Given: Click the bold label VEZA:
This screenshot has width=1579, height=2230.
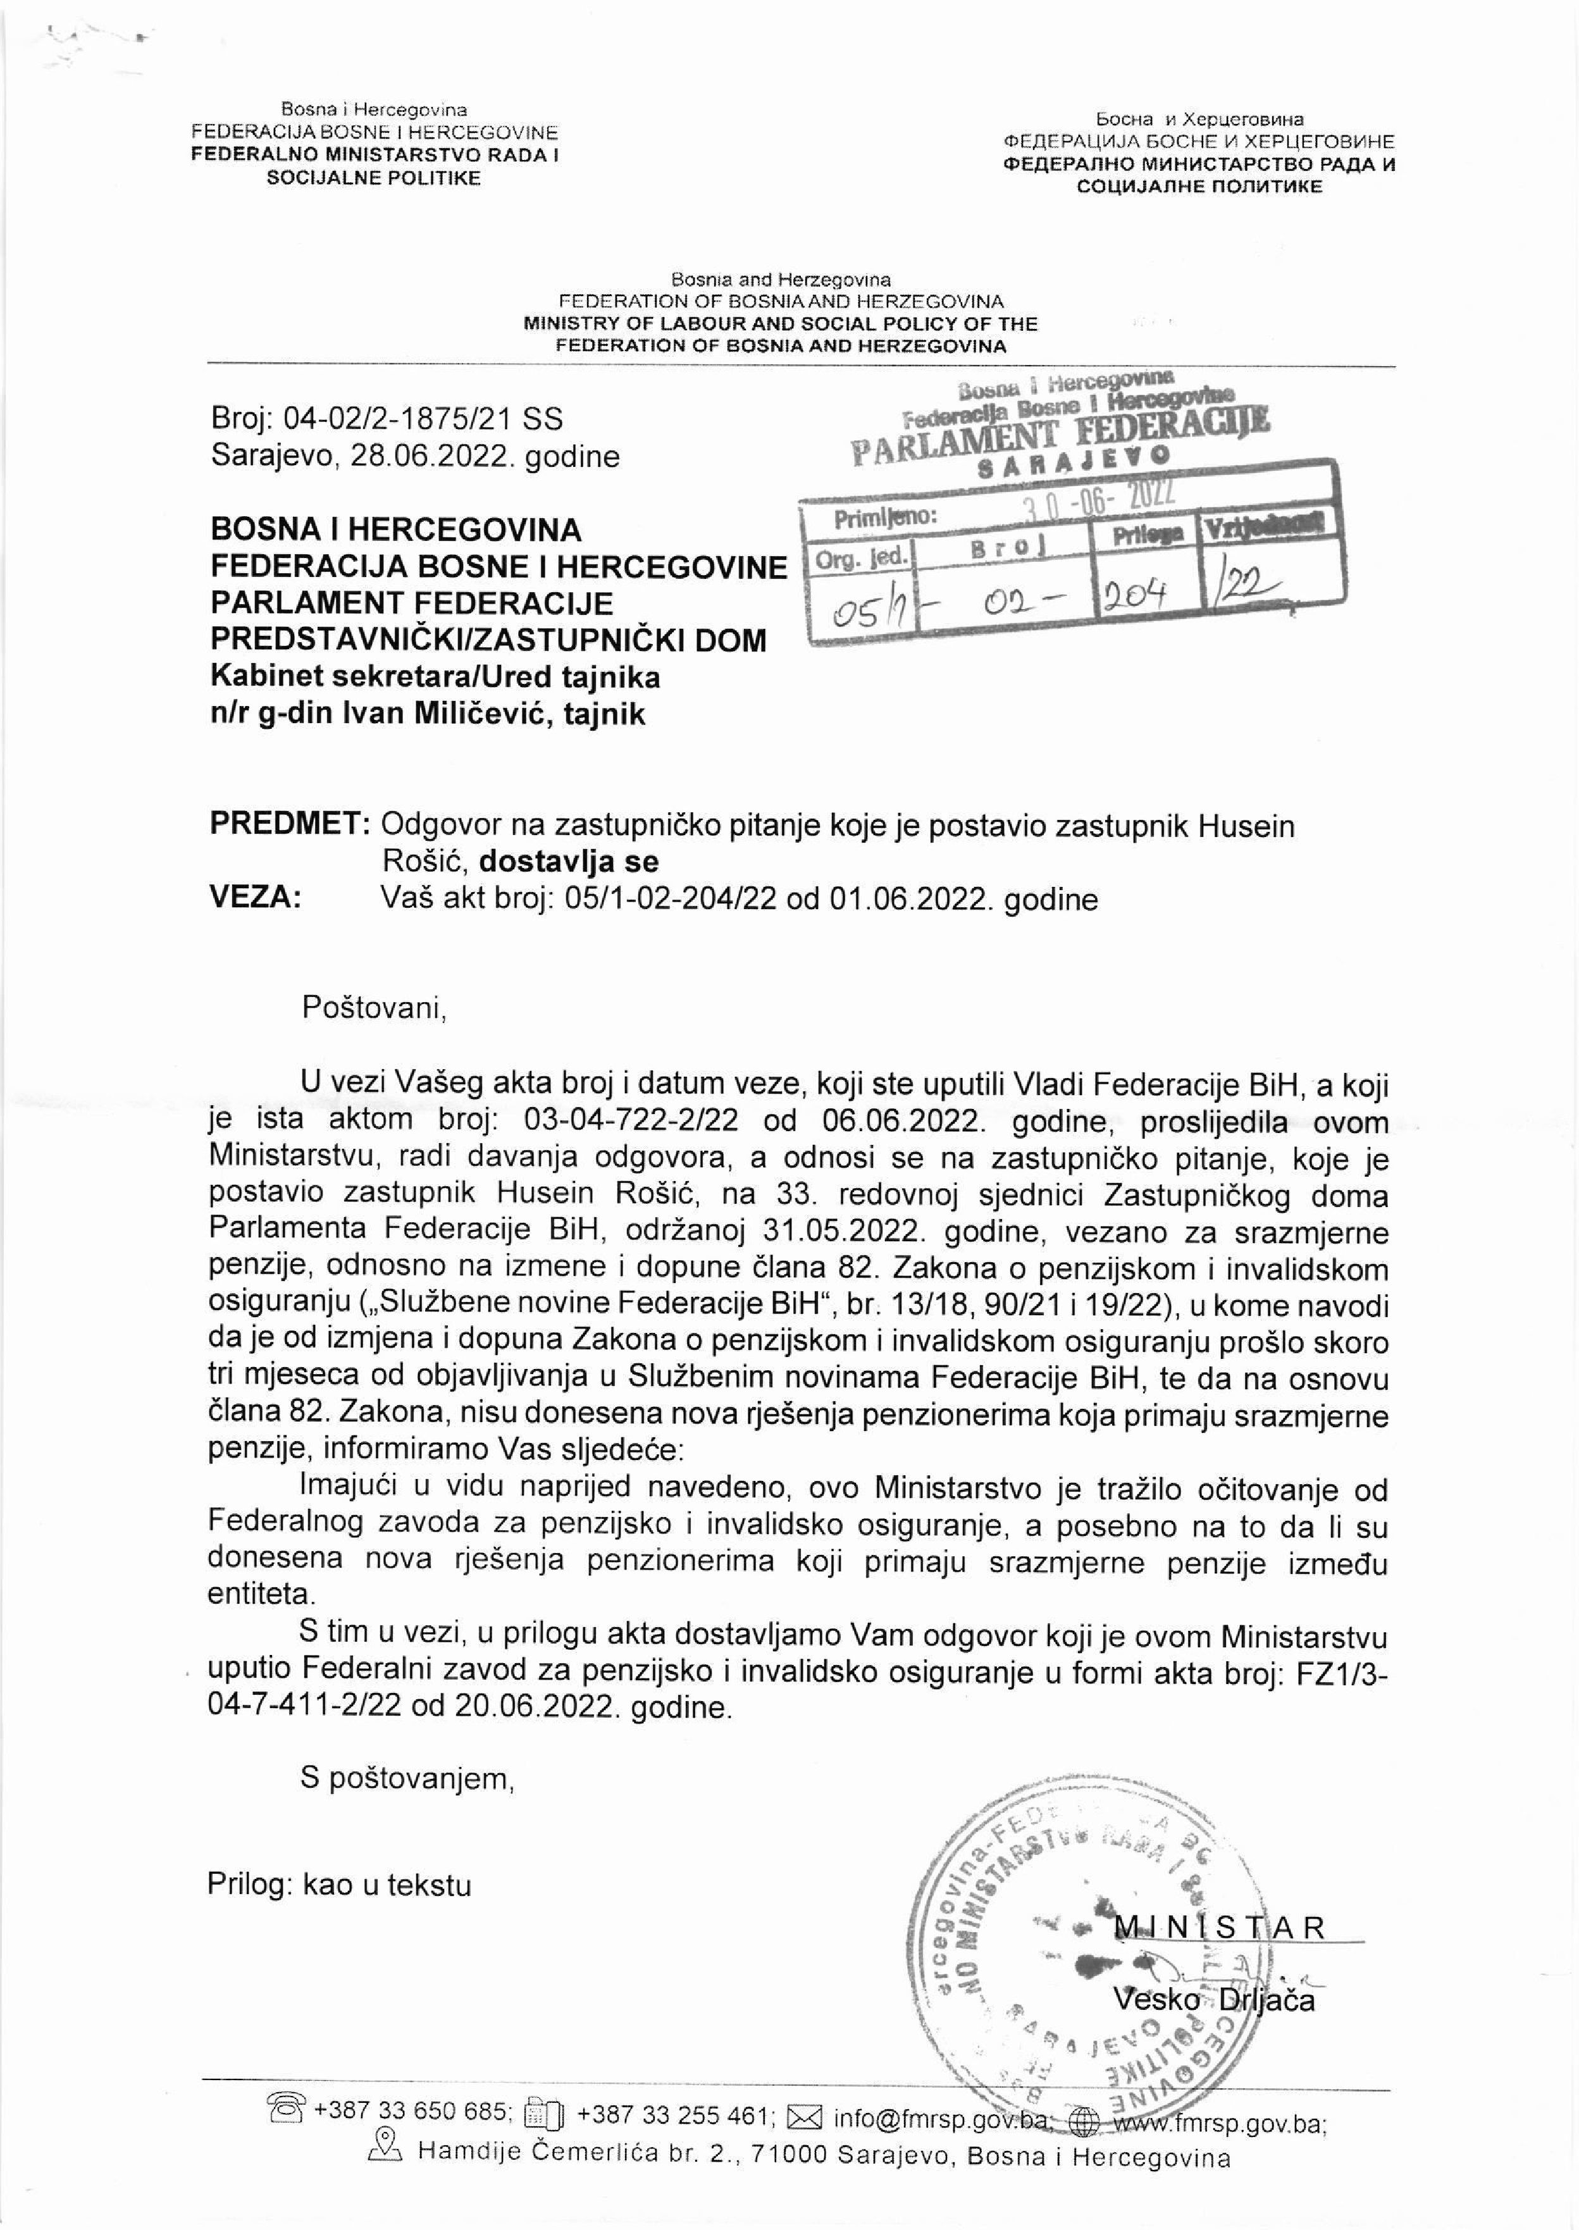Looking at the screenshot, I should point(256,897).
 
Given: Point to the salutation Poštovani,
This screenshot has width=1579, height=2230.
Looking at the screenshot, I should point(373,1006).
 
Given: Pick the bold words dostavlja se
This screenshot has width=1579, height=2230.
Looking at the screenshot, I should point(569,861).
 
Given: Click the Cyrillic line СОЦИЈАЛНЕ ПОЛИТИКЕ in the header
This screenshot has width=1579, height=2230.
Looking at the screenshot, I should point(1199,185).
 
